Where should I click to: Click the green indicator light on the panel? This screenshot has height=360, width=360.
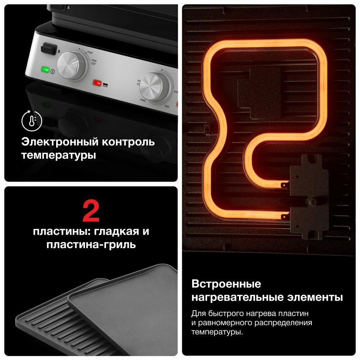point(46,69)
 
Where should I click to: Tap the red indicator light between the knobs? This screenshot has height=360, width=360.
point(97,82)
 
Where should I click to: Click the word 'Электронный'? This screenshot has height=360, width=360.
point(58,142)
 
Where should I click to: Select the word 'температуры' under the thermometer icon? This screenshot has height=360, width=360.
point(58,156)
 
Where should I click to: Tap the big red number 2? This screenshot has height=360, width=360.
point(91,212)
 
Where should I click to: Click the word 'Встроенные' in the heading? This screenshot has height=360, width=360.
point(226,284)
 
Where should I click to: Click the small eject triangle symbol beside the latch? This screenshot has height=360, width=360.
point(59,51)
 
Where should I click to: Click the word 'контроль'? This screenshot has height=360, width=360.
point(128,142)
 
